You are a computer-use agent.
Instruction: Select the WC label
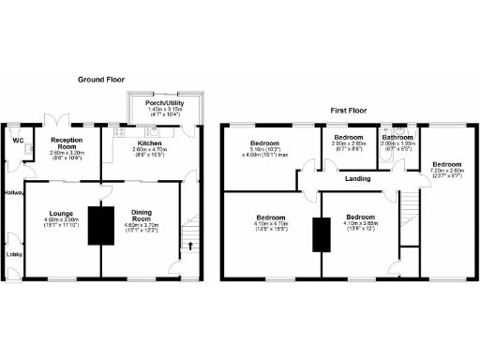pyautogui.click(x=17, y=142)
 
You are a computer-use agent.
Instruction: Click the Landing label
pyautogui.click(x=354, y=178)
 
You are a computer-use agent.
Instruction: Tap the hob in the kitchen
pyautogui.click(x=119, y=138)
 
